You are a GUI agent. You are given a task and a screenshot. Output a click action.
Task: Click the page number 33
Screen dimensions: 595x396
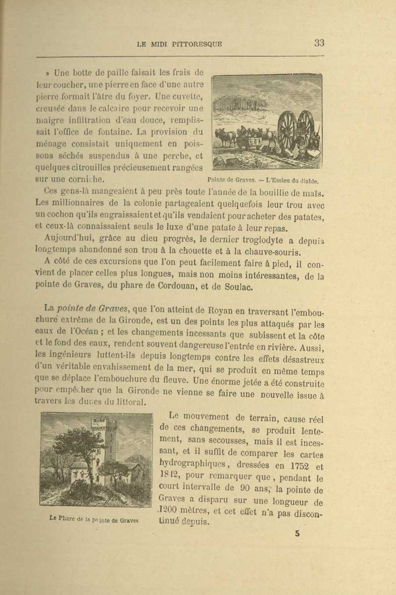point(319,43)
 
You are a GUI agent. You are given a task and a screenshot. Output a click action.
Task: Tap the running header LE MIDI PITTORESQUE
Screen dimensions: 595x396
point(179,44)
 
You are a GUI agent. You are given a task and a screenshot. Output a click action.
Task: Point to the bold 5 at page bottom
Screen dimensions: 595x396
point(297,533)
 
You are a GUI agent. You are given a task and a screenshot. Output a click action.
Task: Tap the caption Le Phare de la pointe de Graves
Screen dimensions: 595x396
point(95,519)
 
